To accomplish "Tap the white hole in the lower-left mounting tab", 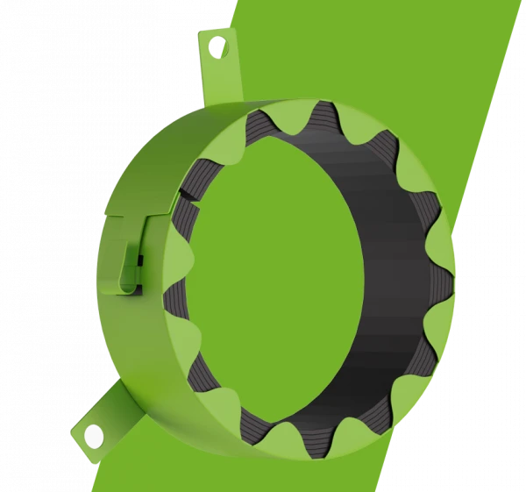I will point(93,434).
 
